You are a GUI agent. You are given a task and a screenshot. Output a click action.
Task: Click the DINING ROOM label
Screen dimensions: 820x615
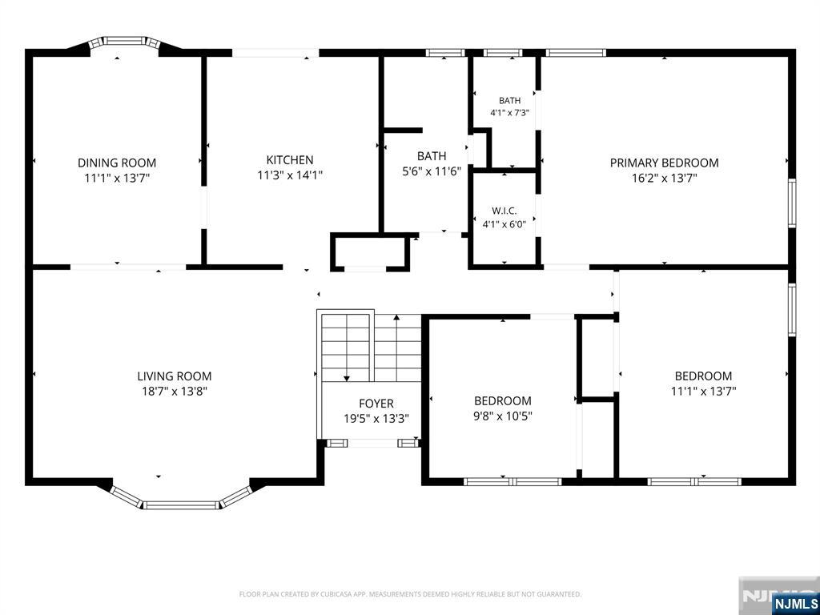pos(117,163)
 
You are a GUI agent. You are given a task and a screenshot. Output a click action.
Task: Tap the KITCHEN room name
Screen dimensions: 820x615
pos(290,160)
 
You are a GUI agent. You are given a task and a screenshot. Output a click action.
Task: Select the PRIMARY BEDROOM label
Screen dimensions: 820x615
pos(664,163)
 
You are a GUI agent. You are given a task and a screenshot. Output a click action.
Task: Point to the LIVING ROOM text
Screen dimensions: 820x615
pos(174,376)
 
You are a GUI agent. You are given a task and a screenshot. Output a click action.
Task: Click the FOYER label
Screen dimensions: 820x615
pos(376,404)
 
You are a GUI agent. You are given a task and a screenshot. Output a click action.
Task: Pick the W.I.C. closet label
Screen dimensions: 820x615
pos(504,211)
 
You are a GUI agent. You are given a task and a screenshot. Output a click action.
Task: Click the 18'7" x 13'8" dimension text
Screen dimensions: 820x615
pos(174,391)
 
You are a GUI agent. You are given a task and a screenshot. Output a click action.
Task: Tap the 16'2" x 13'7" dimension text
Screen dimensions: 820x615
pos(664,178)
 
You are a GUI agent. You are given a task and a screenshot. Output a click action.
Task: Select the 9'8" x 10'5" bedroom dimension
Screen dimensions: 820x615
pos(503,416)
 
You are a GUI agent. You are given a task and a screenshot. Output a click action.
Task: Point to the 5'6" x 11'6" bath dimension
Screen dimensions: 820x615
pos(432,171)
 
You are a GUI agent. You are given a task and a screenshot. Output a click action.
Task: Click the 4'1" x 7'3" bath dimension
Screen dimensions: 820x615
pos(510,112)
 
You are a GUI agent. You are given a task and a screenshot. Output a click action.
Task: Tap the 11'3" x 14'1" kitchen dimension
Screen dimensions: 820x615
pos(290,175)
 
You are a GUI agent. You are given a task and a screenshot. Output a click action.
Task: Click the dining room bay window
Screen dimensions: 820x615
pos(124,41)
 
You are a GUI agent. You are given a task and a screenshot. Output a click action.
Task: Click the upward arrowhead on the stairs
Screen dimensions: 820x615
pos(396,317)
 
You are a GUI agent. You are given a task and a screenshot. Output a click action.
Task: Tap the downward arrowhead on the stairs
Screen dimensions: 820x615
pos(346,378)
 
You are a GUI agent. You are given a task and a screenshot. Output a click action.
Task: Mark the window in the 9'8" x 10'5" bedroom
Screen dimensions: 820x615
pos(512,481)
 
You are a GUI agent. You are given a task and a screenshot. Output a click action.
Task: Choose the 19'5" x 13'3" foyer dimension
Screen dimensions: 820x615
pos(376,419)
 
